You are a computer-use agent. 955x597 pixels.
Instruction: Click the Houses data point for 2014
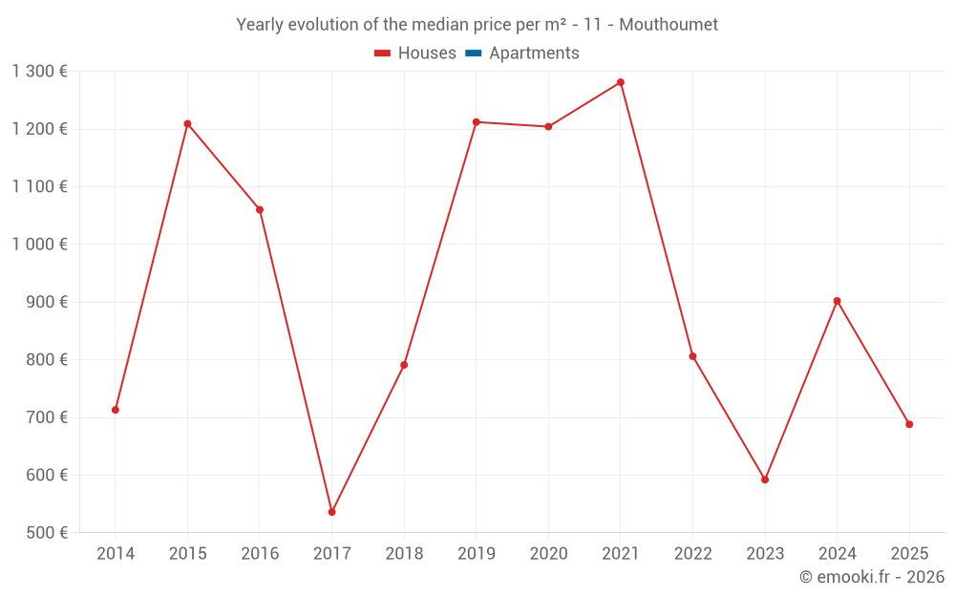tap(116, 410)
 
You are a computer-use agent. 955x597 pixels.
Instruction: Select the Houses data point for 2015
tap(187, 124)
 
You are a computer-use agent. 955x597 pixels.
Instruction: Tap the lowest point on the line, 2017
tap(331, 512)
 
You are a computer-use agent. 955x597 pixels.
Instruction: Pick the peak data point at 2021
tap(621, 82)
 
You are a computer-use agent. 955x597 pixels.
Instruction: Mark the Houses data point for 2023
tap(765, 480)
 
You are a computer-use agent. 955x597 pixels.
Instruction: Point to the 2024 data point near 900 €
tap(837, 301)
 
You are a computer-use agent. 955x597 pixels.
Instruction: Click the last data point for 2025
tap(909, 424)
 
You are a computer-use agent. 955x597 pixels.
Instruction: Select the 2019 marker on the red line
tap(477, 122)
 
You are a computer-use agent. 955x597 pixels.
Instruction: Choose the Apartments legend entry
tap(534, 53)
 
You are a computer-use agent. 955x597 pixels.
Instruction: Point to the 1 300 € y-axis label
tap(39, 72)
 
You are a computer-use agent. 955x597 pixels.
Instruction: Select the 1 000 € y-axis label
tap(39, 245)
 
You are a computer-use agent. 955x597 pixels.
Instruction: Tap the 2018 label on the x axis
tap(404, 554)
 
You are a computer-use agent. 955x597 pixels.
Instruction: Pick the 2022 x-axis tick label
tap(692, 554)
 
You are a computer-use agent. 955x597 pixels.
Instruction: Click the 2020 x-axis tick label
tap(548, 554)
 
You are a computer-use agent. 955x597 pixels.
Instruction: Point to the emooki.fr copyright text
tap(872, 577)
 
